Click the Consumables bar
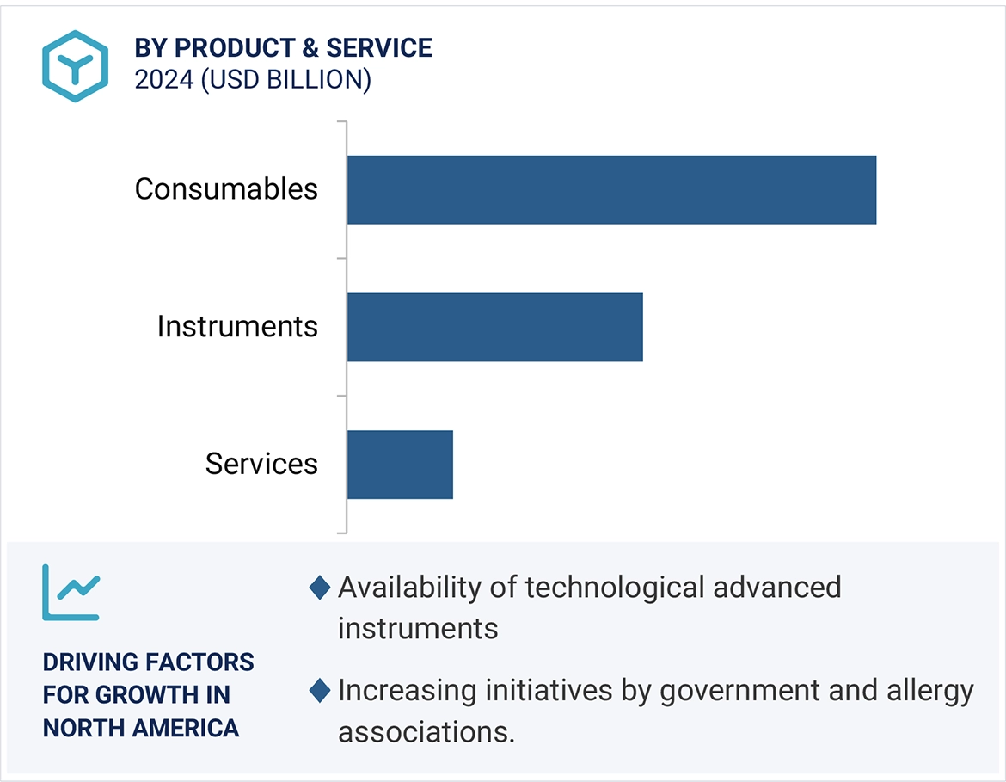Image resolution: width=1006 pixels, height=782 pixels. (611, 189)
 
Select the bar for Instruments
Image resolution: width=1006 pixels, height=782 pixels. (494, 327)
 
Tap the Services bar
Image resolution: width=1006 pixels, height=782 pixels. (400, 465)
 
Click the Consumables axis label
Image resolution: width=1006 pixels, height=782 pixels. (226, 189)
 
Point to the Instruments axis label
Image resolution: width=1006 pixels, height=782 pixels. (237, 327)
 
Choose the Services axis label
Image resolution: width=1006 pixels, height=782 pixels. (261, 465)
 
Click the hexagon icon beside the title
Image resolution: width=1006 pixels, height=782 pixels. (76, 66)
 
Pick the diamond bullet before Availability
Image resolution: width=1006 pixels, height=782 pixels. (320, 588)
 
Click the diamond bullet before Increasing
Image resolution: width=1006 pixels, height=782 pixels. (320, 691)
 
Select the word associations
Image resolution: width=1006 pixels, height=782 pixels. (426, 732)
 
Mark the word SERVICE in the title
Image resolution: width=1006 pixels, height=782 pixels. (381, 48)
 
